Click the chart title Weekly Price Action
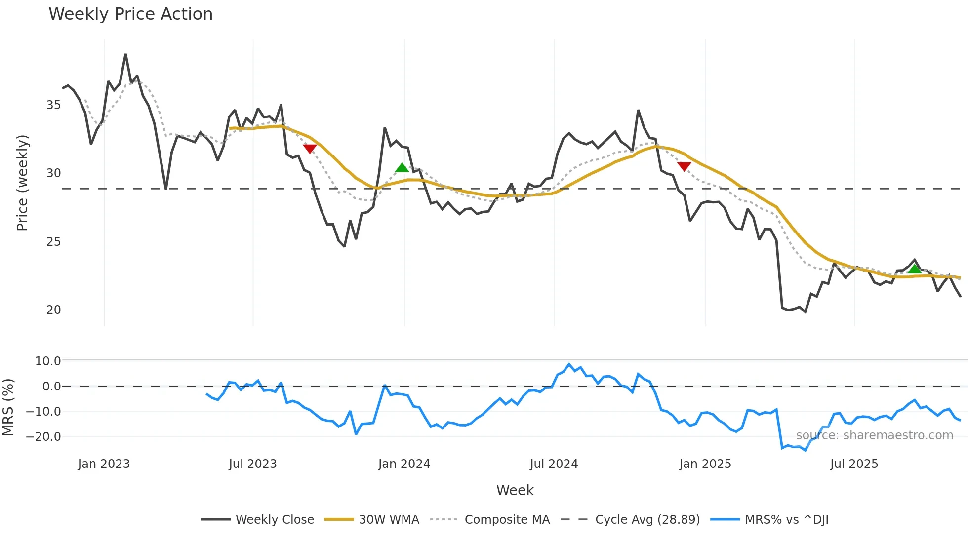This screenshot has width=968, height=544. [x=130, y=14]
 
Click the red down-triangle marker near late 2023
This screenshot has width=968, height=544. [x=310, y=149]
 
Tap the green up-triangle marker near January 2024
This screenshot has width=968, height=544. [x=402, y=168]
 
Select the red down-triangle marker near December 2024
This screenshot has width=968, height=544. [x=684, y=166]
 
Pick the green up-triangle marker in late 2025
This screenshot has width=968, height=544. [x=915, y=269]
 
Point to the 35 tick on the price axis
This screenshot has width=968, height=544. [x=53, y=105]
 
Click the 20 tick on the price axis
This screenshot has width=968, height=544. [x=53, y=310]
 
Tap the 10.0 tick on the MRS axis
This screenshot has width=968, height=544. [x=48, y=361]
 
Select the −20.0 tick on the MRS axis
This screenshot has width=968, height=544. [x=43, y=437]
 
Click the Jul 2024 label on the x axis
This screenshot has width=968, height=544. [x=554, y=464]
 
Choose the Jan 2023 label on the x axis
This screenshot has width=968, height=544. [x=104, y=464]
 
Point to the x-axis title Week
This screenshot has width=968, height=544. [x=515, y=490]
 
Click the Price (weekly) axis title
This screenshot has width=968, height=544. [x=22, y=183]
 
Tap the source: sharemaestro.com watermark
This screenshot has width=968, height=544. [x=874, y=435]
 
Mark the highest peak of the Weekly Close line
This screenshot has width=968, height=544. [x=125, y=55]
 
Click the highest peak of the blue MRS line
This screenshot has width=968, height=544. [x=569, y=364]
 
